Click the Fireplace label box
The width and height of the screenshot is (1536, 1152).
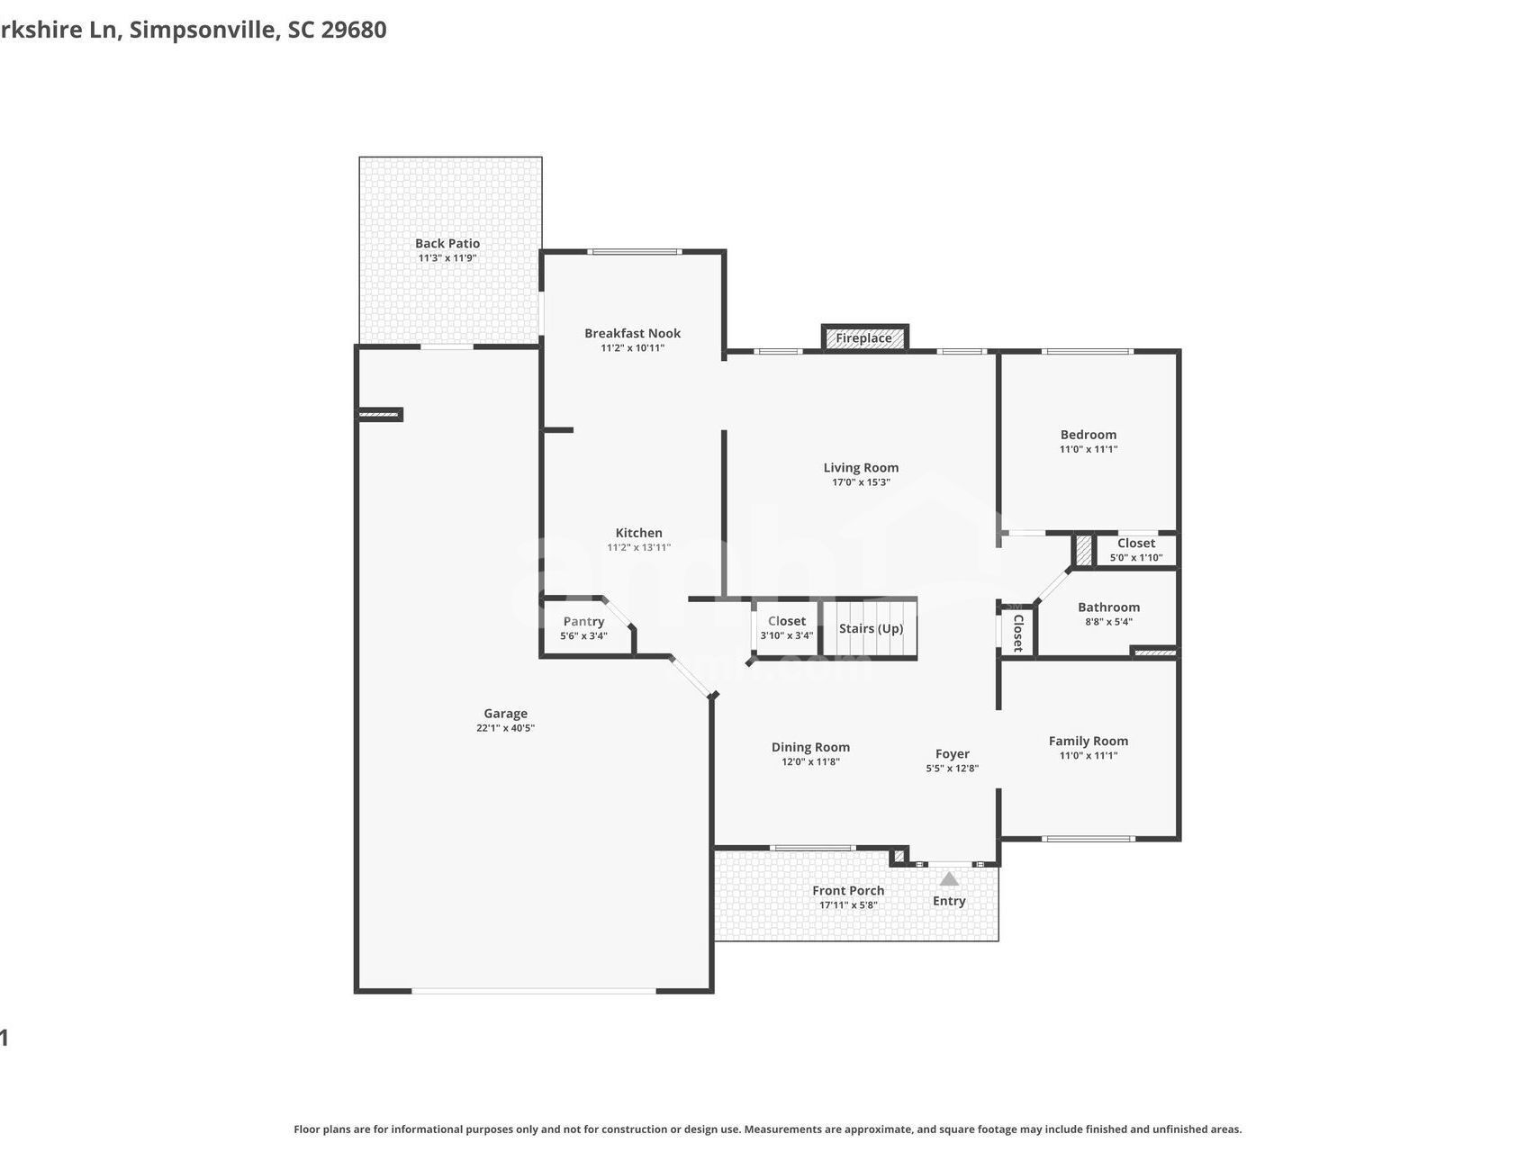click(863, 338)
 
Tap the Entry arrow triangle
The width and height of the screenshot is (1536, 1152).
click(949, 878)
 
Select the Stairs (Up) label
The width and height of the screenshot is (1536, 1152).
click(871, 628)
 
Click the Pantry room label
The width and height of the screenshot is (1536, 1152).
click(583, 622)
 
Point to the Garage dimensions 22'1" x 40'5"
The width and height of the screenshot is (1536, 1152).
click(505, 728)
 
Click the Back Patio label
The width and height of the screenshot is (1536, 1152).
click(447, 243)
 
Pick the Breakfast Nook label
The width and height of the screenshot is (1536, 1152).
click(632, 333)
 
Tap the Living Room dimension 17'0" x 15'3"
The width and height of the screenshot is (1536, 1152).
click(861, 482)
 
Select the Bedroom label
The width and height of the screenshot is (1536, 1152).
click(1088, 435)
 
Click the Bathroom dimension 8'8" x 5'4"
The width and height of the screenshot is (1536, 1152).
click(1108, 622)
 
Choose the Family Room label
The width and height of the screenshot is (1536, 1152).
click(1088, 742)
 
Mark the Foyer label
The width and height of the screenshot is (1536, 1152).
click(952, 754)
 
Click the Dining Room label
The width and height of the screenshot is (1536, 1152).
click(810, 747)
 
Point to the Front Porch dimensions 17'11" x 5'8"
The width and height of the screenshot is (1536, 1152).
click(848, 905)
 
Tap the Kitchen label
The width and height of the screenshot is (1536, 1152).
click(638, 533)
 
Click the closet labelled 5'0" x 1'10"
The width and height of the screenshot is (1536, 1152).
click(1135, 550)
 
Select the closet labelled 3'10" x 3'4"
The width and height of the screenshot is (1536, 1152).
click(786, 627)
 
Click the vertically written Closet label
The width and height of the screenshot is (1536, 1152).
click(1017, 632)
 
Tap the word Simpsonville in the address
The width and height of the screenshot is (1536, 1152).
click(203, 30)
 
